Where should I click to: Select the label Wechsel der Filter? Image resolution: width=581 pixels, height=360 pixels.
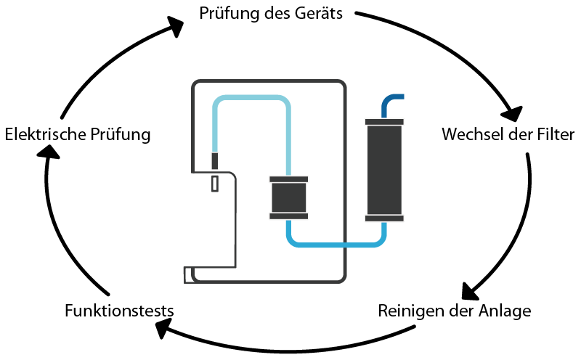click(508, 135)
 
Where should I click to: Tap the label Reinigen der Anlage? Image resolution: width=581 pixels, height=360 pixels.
click(455, 311)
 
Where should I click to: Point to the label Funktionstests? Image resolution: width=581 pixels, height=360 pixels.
click(119, 311)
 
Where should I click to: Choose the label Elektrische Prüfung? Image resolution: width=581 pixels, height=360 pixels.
click(77, 135)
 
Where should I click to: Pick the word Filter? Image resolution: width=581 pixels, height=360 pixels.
click(555, 135)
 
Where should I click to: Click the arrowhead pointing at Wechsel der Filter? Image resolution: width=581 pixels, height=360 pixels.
click(512, 112)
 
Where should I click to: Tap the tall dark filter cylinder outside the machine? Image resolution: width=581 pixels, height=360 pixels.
click(384, 169)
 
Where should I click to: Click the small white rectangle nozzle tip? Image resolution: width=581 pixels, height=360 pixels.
click(214, 184)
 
